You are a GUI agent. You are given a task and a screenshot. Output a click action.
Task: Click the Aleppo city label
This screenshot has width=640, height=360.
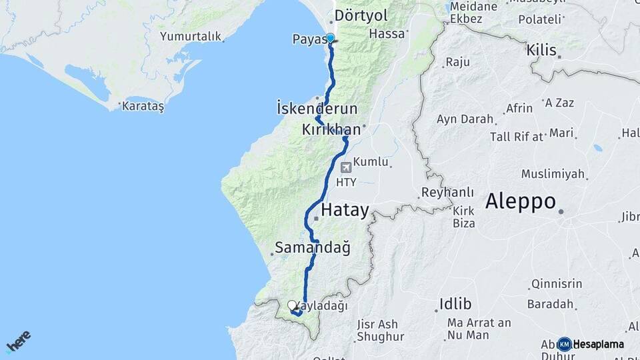click(520, 201)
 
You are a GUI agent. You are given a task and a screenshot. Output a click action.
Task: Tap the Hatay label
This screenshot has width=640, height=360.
click(344, 211)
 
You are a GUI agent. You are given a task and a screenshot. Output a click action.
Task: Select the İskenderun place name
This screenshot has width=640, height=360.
click(317, 108)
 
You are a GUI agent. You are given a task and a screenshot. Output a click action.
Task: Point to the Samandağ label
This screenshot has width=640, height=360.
click(312, 249)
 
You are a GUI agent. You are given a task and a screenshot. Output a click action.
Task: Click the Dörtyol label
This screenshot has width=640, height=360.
click(361, 15)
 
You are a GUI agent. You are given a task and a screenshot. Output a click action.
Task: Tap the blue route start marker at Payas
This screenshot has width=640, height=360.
click(330, 38)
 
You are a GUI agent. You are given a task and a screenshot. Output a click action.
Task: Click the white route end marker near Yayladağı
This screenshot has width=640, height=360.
click(291, 306)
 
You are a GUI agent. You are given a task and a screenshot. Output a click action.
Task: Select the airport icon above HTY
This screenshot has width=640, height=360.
click(345, 167)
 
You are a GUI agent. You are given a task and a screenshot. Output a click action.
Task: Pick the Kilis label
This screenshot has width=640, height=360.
click(541, 50)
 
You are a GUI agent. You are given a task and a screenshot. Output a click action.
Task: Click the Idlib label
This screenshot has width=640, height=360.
click(455, 305)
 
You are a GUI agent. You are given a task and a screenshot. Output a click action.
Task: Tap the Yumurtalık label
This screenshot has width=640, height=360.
click(190, 37)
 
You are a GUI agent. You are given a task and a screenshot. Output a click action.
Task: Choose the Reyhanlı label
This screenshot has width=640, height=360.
click(447, 193)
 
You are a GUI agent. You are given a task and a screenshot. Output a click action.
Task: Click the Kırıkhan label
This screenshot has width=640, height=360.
click(331, 129)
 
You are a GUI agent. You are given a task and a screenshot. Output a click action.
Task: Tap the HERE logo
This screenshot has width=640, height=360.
click(18, 341)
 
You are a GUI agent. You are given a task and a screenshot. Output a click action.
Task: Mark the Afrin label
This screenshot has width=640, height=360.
click(519, 108)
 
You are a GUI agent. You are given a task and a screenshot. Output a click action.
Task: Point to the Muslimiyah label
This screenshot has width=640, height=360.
click(553, 174)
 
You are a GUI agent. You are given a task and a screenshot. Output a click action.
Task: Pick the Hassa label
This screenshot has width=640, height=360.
click(387, 33)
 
